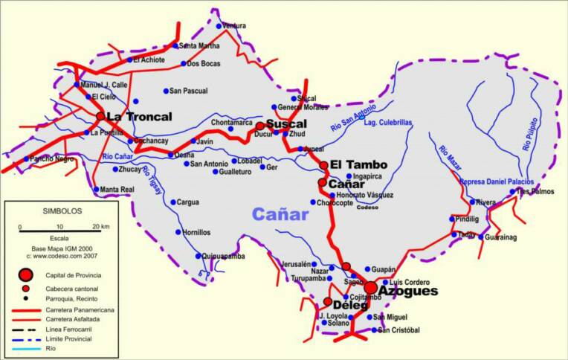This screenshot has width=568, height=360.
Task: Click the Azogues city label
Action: tap(407, 292)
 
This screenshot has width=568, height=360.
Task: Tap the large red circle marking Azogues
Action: tap(370, 288)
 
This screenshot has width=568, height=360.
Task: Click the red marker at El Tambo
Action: tap(323, 165)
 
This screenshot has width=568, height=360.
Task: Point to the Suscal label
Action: tap(286, 123)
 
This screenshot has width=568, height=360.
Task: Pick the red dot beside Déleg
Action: tap(327, 302)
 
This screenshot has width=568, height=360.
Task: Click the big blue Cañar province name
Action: tap(280, 215)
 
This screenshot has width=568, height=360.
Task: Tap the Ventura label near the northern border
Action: tap(234, 26)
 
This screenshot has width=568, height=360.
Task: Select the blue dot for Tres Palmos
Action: tap(512, 191)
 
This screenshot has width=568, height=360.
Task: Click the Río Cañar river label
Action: tap(118, 156)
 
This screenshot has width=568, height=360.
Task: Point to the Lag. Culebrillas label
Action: tap(388, 122)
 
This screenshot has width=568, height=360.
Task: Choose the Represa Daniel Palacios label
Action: tap(497, 182)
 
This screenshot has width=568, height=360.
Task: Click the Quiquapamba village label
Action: tap(224, 256)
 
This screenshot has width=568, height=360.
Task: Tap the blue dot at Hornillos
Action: tap(178, 232)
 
